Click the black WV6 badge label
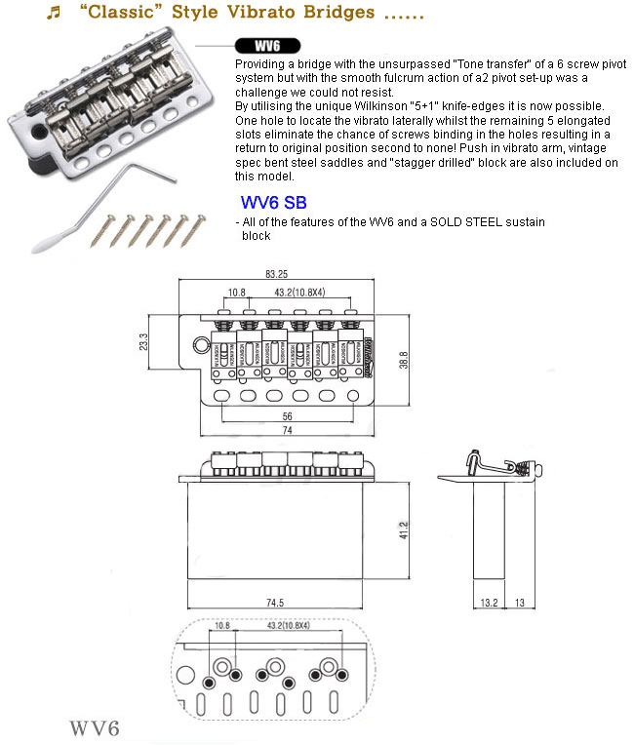pyautogui.click(x=266, y=46)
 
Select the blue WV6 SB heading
pyautogui.click(x=273, y=204)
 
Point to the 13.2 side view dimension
pyautogui.click(x=489, y=604)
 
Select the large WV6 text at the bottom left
pyautogui.click(x=95, y=728)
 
